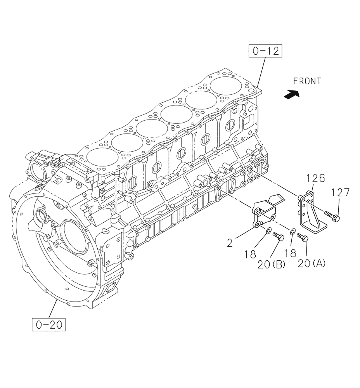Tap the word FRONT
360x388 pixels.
307,81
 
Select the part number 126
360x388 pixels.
315,179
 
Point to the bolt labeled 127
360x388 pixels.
331,216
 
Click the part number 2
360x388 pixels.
230,243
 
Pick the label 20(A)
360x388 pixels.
312,264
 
